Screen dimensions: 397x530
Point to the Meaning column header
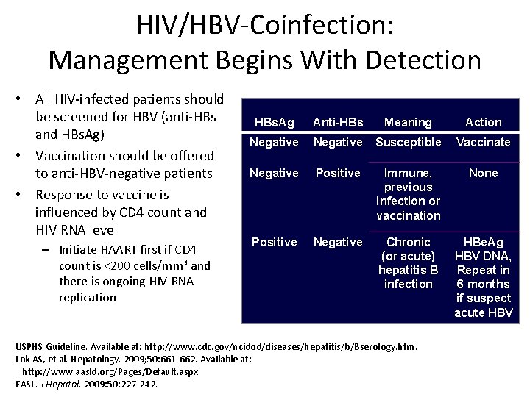click(x=409, y=122)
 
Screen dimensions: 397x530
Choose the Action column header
click(x=483, y=122)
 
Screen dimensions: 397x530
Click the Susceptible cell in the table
click(x=409, y=141)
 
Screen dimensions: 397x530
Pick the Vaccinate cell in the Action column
click(x=483, y=141)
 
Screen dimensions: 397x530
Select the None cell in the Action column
click(x=483, y=173)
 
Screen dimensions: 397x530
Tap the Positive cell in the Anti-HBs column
click(x=339, y=173)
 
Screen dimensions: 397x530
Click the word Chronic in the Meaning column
click(x=409, y=242)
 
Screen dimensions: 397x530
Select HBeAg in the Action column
click(x=483, y=242)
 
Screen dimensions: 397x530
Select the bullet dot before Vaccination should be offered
click(x=24, y=156)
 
